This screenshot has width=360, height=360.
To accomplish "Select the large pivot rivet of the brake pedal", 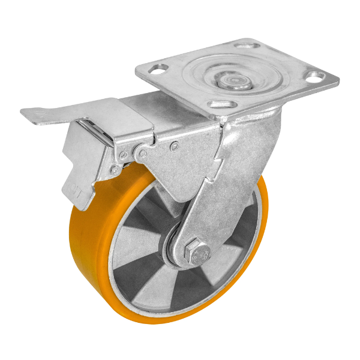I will pos(143,154).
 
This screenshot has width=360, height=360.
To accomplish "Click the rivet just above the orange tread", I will pos(114,171).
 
